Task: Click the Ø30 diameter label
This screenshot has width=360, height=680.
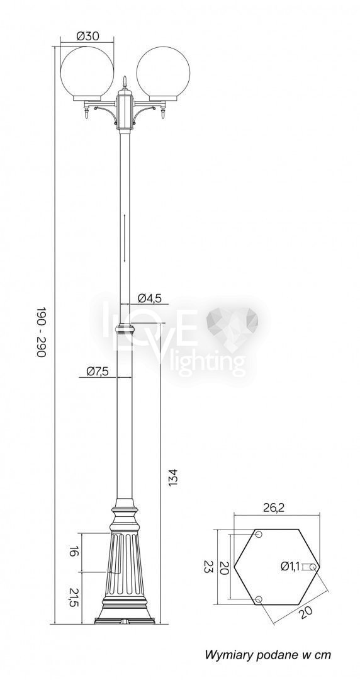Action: (x=87, y=37)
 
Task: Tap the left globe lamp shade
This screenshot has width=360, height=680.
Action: (x=87, y=72)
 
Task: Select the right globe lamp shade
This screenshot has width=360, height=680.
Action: (x=163, y=72)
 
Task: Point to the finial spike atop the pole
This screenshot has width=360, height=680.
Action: (x=125, y=81)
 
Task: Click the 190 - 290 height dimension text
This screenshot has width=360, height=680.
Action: (x=41, y=332)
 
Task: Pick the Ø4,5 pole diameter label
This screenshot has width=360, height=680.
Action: (x=150, y=298)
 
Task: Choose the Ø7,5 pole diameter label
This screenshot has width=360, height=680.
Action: (x=98, y=371)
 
